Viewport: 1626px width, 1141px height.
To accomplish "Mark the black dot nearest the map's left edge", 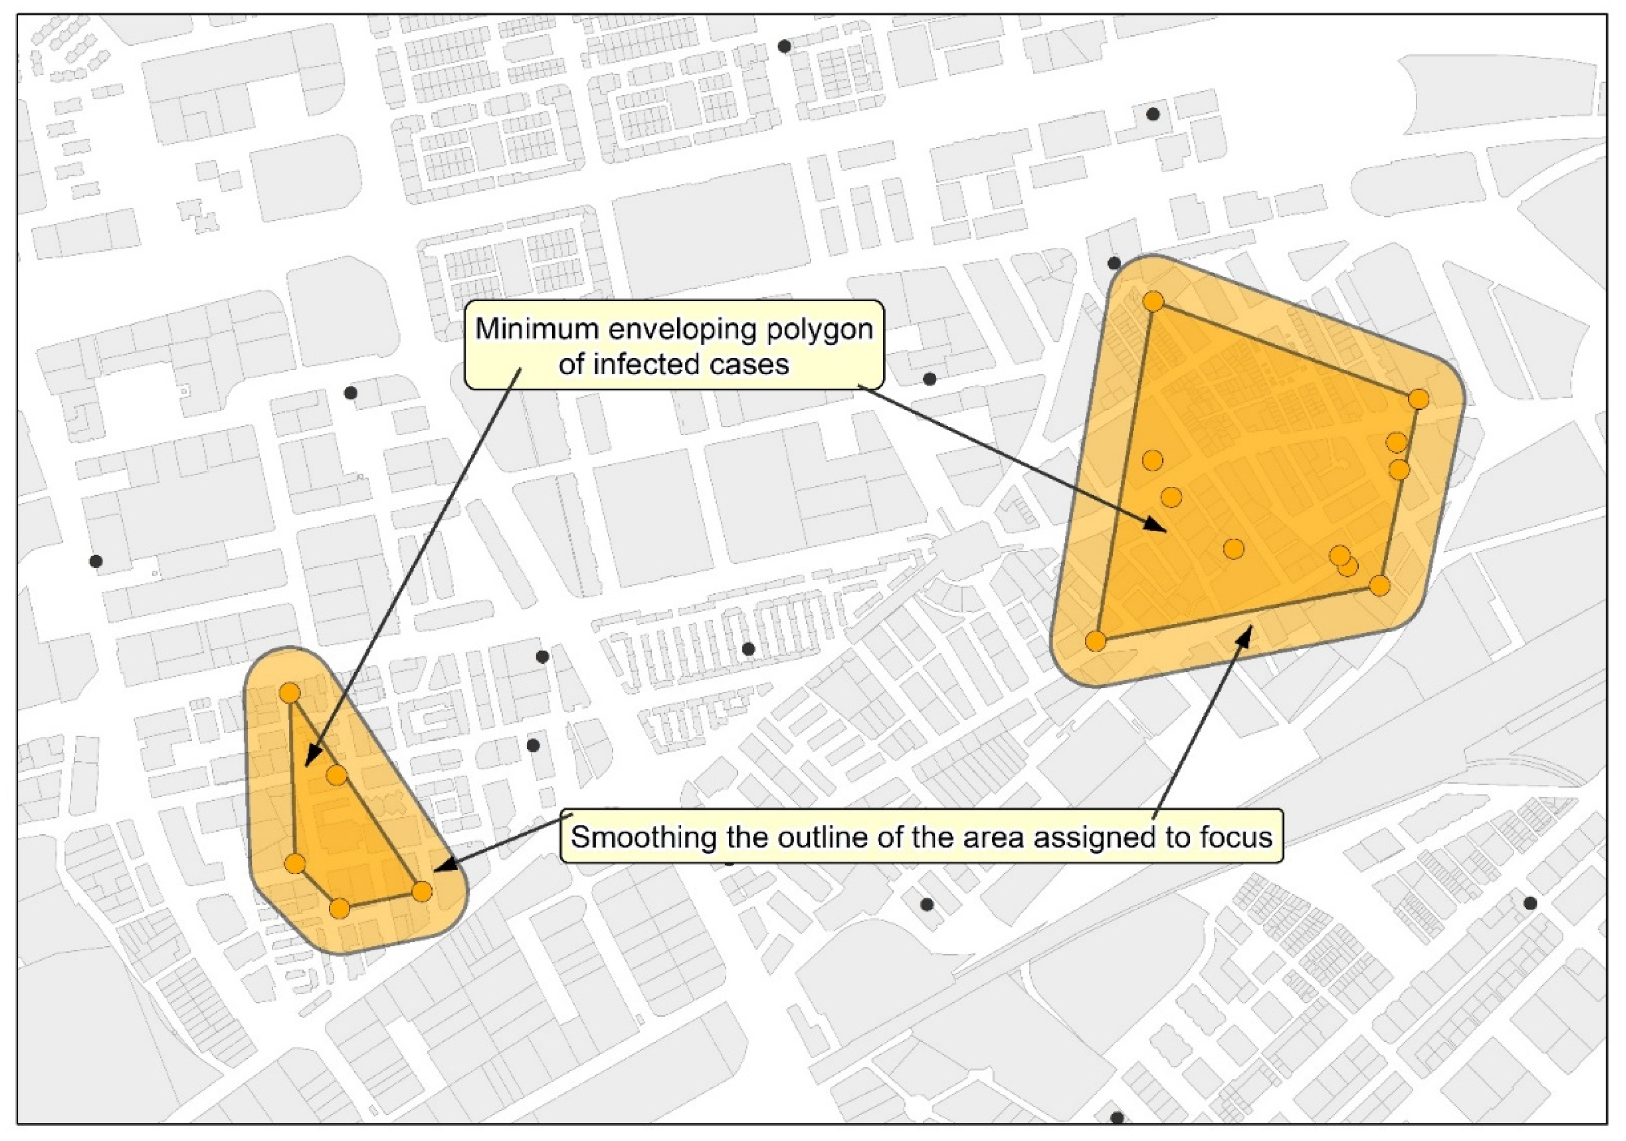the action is [96, 561].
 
